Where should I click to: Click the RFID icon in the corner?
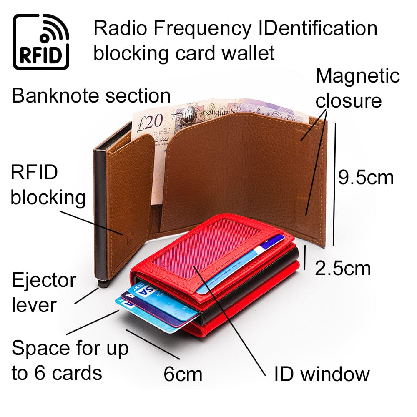pos(41,41)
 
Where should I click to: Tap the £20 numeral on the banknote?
pos(148,121)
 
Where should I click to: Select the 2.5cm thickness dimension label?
pos(342,268)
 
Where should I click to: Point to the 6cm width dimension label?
pos(183,374)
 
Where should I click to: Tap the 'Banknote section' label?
pos(91,95)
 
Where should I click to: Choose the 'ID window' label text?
pos(322,374)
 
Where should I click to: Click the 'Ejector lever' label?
pos(43,292)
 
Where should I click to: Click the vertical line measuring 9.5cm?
pos(334,183)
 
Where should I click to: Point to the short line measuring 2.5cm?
pos(306,259)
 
